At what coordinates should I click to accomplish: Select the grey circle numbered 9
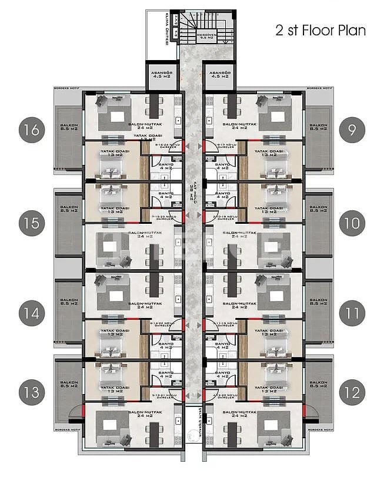click(x=352, y=129)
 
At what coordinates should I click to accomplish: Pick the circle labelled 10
click(x=352, y=223)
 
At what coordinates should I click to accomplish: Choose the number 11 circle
click(x=352, y=313)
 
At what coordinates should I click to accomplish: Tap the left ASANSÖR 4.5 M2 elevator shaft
click(x=157, y=75)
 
